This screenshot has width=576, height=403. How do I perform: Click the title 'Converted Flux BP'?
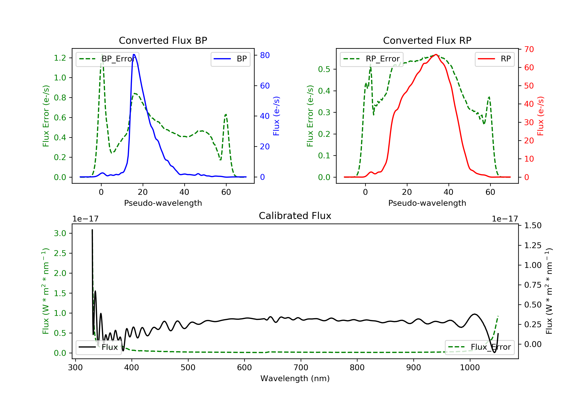[163, 40]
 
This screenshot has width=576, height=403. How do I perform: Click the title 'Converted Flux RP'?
[427, 40]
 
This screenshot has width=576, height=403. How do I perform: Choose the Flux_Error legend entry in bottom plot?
[479, 347]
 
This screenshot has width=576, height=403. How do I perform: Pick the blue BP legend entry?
[230, 59]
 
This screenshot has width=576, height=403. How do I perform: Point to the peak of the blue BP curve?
[134, 55]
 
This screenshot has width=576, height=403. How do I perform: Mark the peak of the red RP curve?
[436, 55]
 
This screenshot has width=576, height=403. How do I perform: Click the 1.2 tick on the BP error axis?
[60, 58]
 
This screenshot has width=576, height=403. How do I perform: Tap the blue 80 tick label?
[265, 55]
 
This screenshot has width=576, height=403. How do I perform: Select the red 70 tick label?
[529, 49]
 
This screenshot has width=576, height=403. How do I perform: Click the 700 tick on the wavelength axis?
[301, 368]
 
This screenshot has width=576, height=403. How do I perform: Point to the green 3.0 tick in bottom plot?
[60, 234]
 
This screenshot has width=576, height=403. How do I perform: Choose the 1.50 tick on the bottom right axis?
[533, 225]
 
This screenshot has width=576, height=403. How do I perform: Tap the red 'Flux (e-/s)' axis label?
[540, 116]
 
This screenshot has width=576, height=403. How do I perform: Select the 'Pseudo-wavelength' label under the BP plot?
[163, 203]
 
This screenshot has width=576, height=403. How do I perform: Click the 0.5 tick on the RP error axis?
[324, 69]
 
